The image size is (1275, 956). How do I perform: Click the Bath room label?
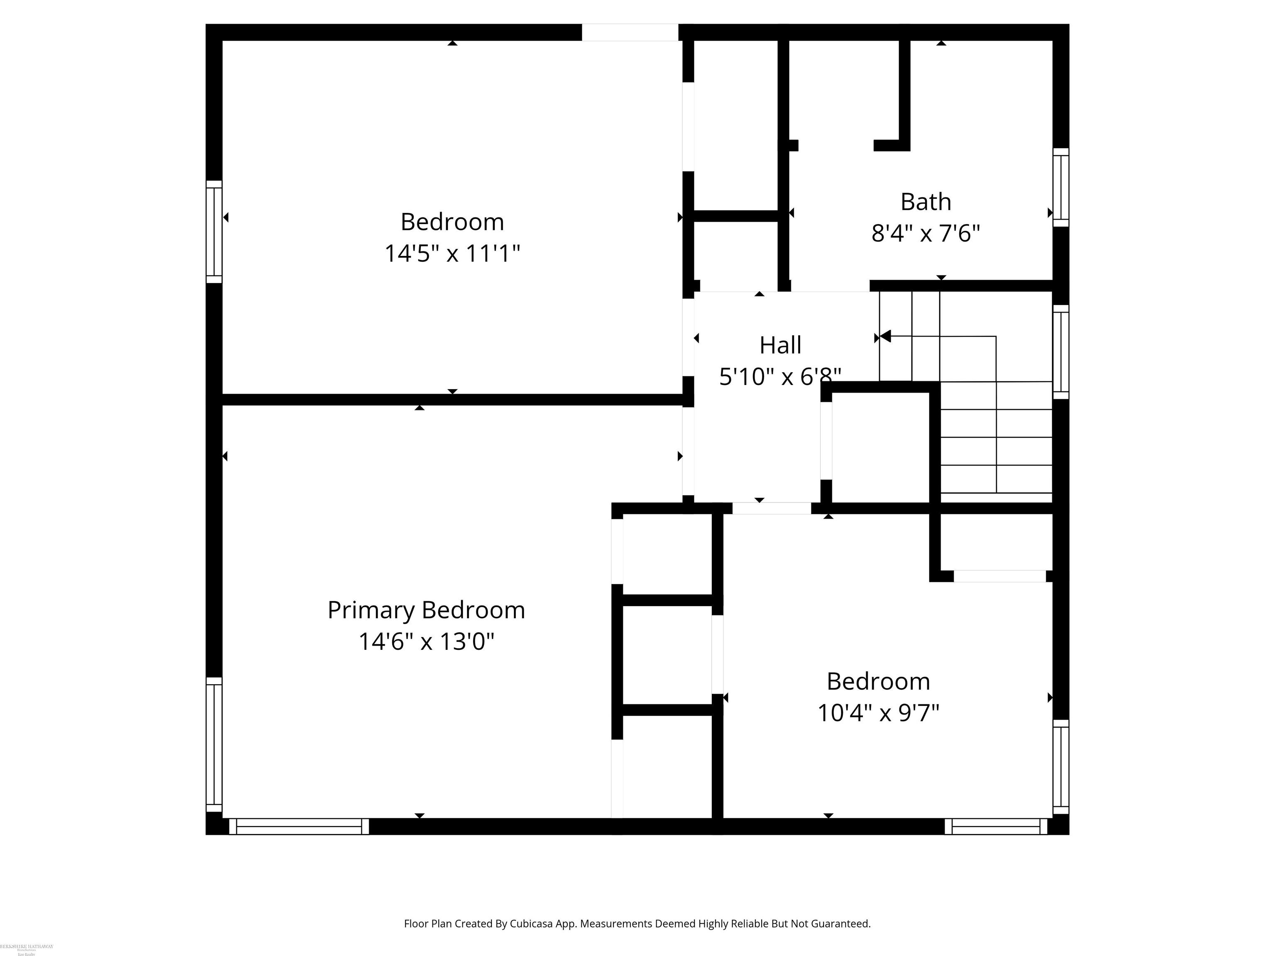(925, 202)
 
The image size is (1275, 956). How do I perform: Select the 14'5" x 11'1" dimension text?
(452, 254)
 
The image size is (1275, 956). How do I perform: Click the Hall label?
(780, 345)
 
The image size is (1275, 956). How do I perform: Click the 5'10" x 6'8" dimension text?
(780, 377)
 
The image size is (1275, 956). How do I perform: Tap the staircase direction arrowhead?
(885, 336)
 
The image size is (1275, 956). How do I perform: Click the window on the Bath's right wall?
(1060, 187)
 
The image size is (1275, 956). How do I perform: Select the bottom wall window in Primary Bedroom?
(298, 827)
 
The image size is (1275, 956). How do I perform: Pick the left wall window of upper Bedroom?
(214, 232)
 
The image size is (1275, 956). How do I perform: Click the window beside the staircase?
(1060, 351)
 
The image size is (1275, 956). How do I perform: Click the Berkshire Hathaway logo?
(27, 949)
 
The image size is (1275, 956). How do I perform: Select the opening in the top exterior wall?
(630, 32)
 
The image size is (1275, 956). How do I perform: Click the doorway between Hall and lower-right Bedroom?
(771, 508)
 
